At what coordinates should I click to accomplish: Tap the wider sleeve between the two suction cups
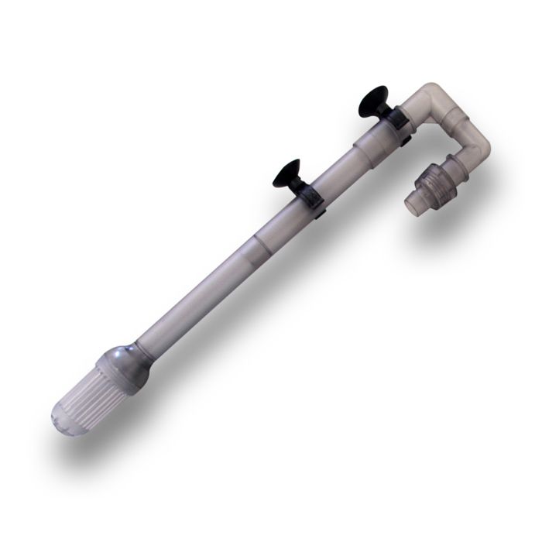348,163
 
